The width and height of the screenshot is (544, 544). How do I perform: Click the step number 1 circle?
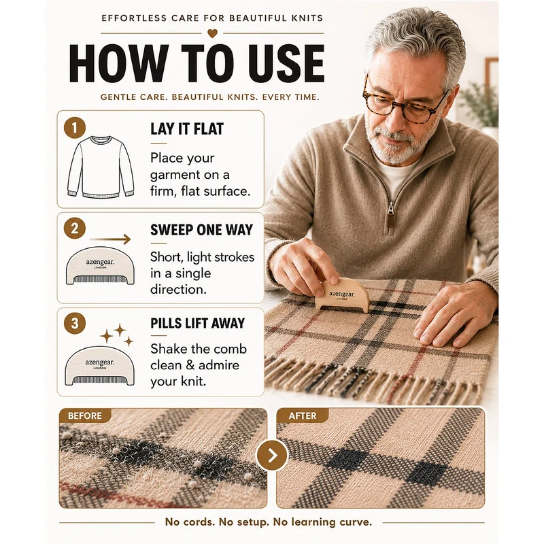point(75,128)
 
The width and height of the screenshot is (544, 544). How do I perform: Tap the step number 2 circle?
point(75,228)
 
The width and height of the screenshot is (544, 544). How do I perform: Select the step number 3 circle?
point(75,324)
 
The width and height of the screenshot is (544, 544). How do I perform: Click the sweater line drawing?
point(100,167)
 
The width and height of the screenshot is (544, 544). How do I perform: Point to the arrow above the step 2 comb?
point(110,239)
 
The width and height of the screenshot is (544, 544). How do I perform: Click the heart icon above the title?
point(212,33)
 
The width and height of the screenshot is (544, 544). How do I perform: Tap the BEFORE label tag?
point(85,415)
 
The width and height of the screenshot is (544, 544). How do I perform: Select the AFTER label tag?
point(302,415)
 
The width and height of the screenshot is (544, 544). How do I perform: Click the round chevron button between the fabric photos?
point(273,455)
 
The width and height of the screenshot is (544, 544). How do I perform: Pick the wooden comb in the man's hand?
point(342,294)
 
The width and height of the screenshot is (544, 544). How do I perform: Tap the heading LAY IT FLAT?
point(187,129)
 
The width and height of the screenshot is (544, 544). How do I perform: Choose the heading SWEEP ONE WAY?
point(201,230)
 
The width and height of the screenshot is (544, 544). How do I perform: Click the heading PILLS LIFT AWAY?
point(197,323)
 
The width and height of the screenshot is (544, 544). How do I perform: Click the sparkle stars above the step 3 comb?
point(116,335)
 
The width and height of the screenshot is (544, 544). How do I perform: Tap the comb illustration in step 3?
point(99,366)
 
